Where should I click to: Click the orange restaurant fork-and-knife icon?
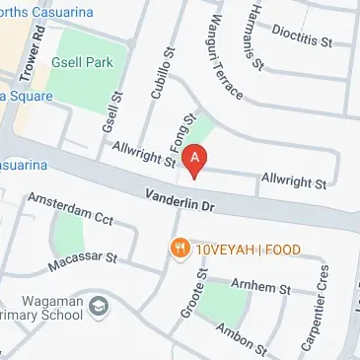click(x=180, y=248)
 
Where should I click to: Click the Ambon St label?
click(x=242, y=336)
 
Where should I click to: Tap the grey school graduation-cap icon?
click(x=99, y=308)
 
